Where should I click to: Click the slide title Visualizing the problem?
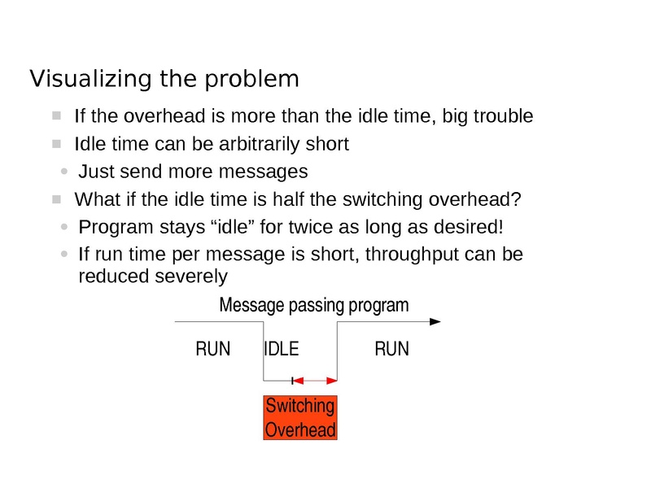pos(164,79)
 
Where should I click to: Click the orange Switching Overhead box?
pos(299,418)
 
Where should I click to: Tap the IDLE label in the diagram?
pos(282,350)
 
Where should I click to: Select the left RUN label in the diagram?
pos(213,350)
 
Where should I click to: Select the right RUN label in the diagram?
pos(391,350)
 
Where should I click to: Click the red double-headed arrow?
pos(315,380)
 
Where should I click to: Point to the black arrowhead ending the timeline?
pos(435,322)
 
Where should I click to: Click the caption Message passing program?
pos(314,306)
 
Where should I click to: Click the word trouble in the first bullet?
pos(501,116)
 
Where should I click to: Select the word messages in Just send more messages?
pos(269,172)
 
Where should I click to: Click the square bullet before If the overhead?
pos(56,115)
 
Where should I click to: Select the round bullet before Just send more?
pos(65,172)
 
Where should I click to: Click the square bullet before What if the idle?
pos(56,199)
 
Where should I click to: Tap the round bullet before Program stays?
pos(65,227)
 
